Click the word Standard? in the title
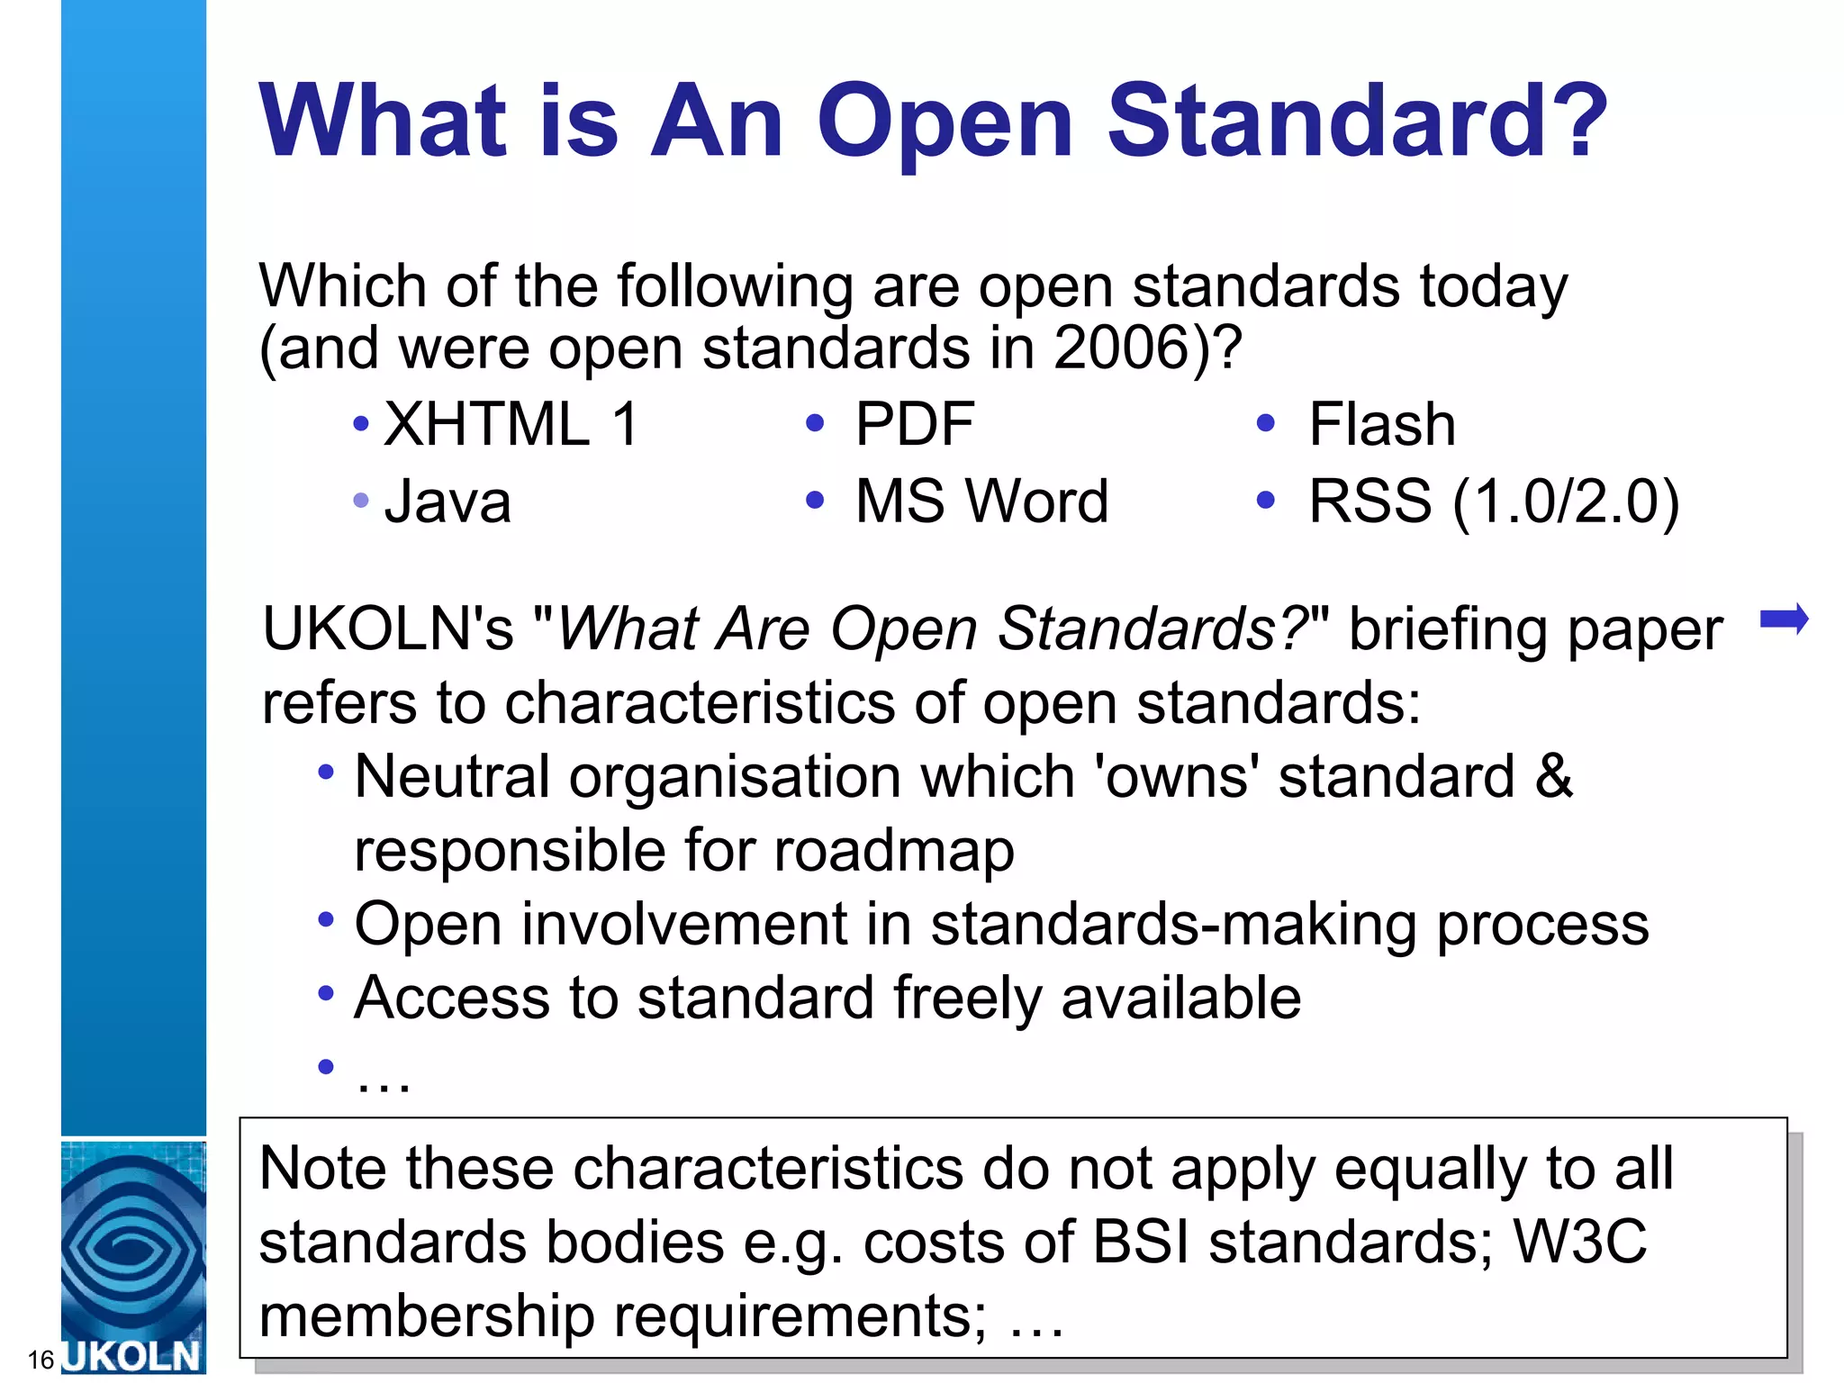coord(1357,122)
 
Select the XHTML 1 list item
coord(511,424)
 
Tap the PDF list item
coord(915,424)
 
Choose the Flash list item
coord(1381,424)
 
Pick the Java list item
coord(447,502)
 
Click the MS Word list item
coord(981,502)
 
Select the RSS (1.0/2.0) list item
coord(1494,502)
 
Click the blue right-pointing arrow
coord(1784,619)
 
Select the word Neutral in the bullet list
coord(451,776)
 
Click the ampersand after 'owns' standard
coord(1554,776)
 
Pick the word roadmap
coord(894,850)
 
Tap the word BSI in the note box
coord(1140,1242)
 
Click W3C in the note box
coord(1580,1242)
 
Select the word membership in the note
coord(427,1315)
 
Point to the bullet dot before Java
coord(361,501)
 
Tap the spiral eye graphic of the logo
coord(133,1247)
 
